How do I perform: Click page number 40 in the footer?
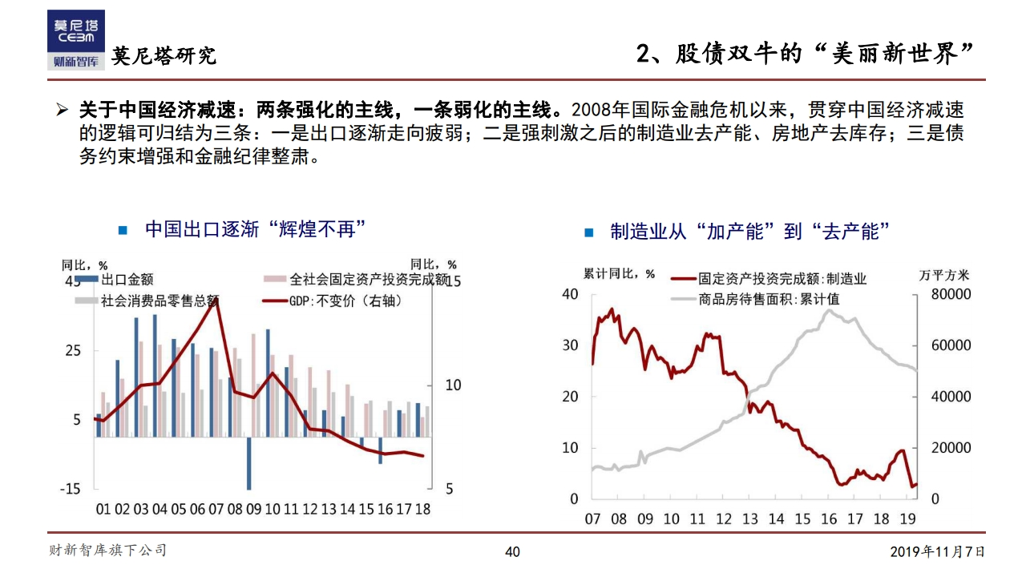(x=512, y=551)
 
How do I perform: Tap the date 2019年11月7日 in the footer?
(x=937, y=551)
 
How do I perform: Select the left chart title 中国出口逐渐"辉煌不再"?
(x=255, y=229)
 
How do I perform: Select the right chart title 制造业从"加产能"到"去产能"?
(x=749, y=232)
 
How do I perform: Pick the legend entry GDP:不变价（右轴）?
(x=333, y=301)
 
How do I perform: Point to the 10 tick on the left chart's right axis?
(x=453, y=385)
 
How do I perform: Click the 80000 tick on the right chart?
(x=951, y=294)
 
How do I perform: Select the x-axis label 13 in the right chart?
(x=749, y=518)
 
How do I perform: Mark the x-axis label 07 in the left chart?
(x=215, y=509)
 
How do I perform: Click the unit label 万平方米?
(x=943, y=274)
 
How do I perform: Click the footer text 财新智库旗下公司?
(x=107, y=551)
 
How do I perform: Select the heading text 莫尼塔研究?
(x=164, y=56)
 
